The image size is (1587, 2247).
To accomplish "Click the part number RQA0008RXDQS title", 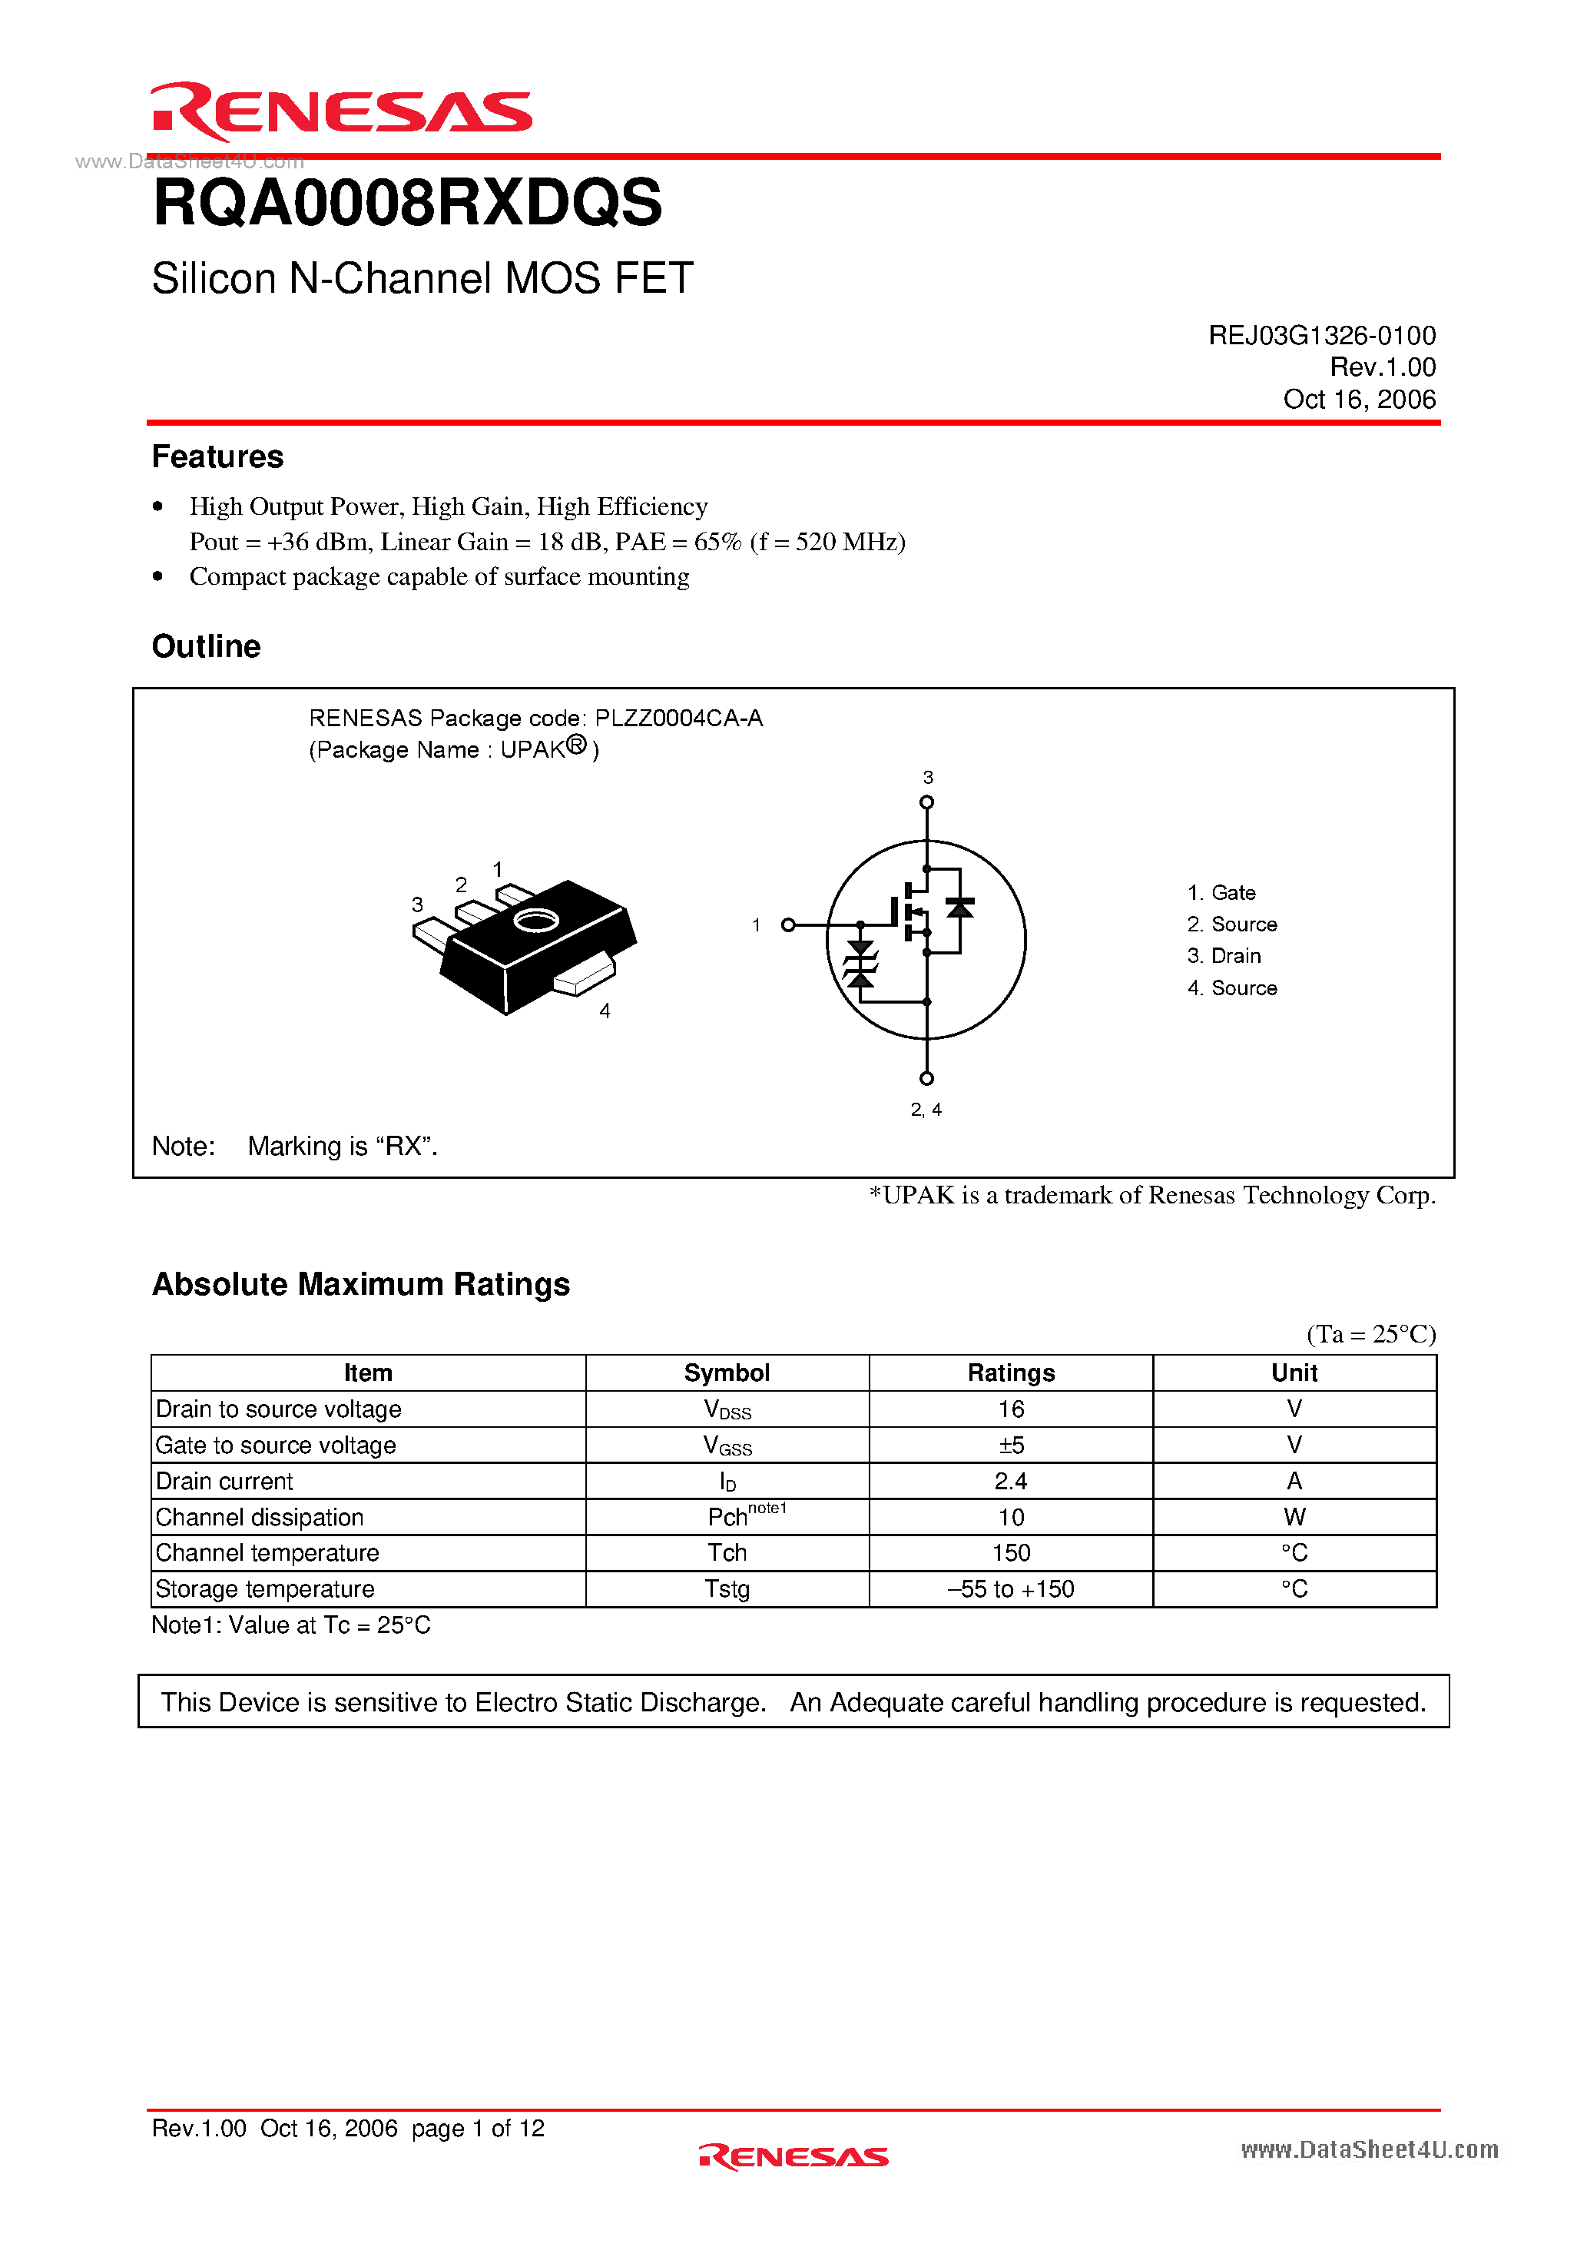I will (407, 204).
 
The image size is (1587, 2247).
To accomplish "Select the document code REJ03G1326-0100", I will (1321, 336).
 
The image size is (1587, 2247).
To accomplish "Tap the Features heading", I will (217, 457).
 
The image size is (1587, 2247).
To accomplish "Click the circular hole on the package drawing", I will (536, 920).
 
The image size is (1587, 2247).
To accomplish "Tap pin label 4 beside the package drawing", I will (605, 1011).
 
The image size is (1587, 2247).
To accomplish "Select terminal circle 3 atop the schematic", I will (926, 802).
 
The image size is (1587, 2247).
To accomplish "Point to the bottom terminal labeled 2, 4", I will (926, 1078).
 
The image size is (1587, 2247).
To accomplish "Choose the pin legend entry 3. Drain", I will (1224, 955).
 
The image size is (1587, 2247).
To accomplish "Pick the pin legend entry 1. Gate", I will (1221, 892).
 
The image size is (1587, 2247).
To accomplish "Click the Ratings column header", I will (1011, 1373).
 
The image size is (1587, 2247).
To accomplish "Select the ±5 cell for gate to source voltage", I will (1011, 1445).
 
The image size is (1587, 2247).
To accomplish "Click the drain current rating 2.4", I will (1011, 1481).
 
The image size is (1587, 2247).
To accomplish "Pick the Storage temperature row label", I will (265, 1588).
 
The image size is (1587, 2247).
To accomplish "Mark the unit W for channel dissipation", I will (1294, 1517).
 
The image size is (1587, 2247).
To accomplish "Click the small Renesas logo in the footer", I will (793, 2156).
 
